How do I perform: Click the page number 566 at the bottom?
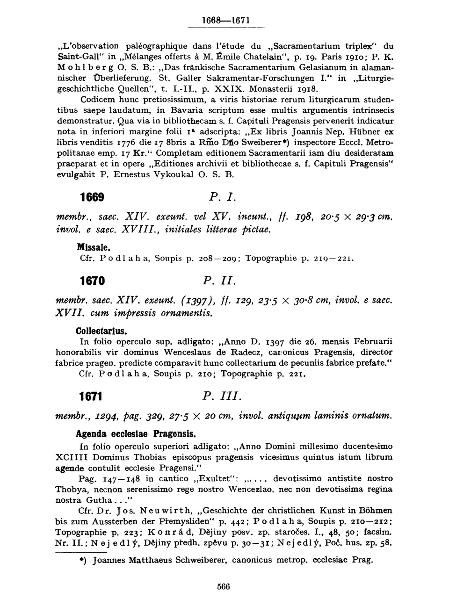[224, 587]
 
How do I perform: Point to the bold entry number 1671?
[91, 397]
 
